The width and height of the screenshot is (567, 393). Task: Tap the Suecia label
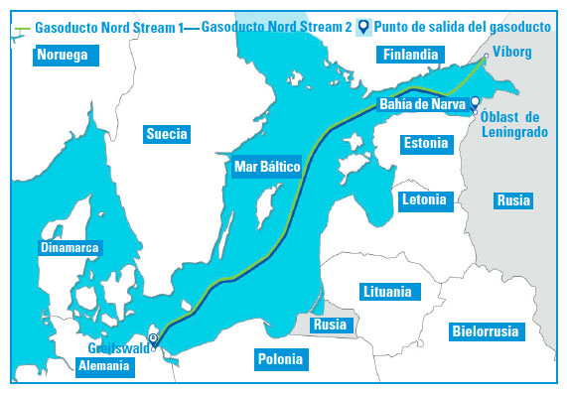[166, 134]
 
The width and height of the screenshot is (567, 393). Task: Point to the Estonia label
[424, 144]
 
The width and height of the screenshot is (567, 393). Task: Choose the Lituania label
[386, 292]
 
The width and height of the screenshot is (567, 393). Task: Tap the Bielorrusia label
[485, 330]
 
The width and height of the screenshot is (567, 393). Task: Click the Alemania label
[103, 366]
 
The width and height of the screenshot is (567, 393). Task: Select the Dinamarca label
[71, 247]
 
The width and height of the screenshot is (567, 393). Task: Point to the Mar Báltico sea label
[267, 167]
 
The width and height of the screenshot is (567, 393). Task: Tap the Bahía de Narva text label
[422, 103]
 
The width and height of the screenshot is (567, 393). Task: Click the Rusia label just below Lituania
[330, 325]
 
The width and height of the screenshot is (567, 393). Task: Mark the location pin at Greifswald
[153, 338]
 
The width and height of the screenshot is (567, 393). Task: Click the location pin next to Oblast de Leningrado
[475, 101]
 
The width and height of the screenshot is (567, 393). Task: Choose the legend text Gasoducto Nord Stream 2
[275, 27]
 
